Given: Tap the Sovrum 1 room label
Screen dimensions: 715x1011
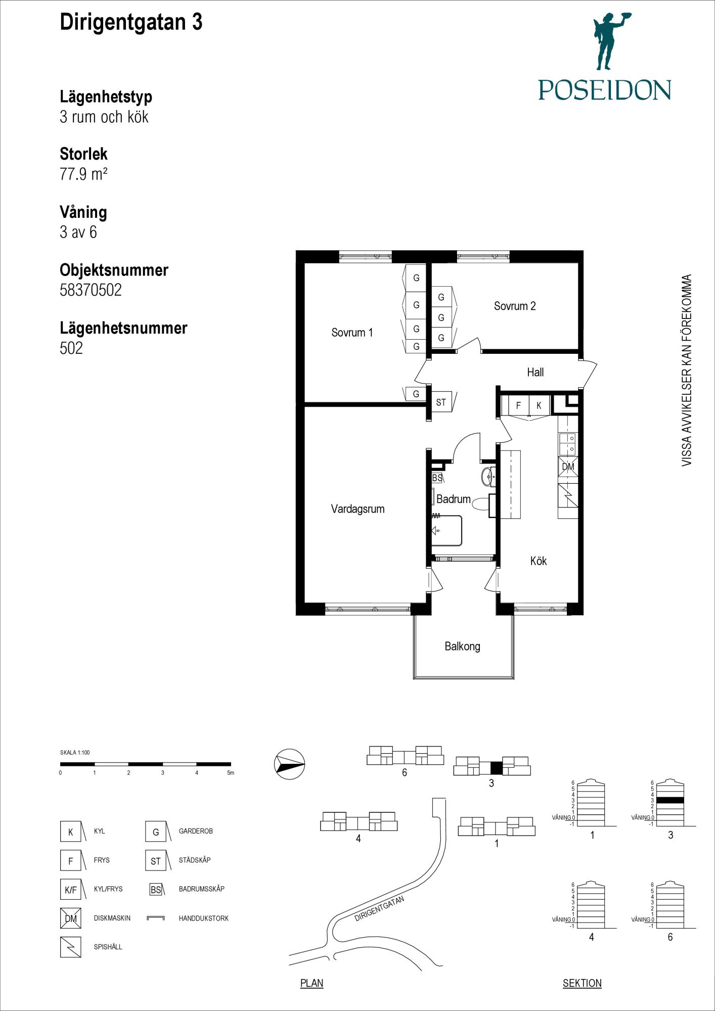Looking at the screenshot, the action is (x=352, y=333).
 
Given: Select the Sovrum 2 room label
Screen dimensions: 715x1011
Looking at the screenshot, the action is (x=515, y=306).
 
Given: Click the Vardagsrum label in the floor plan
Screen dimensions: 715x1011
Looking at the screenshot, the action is (x=357, y=509).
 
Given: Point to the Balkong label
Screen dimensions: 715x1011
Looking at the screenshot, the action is (x=462, y=646).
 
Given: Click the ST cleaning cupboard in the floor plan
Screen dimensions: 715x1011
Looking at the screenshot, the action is (x=441, y=402).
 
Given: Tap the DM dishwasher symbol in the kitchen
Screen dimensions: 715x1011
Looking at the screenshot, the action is (x=568, y=467).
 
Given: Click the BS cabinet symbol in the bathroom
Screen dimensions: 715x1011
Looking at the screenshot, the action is (x=437, y=478).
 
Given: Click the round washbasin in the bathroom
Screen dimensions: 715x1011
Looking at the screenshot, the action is (x=489, y=476).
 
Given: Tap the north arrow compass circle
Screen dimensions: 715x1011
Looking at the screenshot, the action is (x=290, y=764).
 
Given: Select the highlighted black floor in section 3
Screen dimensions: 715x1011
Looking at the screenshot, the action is (x=670, y=800).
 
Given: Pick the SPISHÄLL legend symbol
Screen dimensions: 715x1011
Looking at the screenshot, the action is (x=70, y=947).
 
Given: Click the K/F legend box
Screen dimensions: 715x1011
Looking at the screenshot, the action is (x=70, y=890).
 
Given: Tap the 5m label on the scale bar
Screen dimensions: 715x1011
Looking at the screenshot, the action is (x=231, y=773).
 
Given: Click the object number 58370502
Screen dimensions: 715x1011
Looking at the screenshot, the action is (x=91, y=290).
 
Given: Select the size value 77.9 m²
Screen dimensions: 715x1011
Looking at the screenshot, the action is (x=83, y=174).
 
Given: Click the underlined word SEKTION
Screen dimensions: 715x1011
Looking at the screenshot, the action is (x=582, y=983).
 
